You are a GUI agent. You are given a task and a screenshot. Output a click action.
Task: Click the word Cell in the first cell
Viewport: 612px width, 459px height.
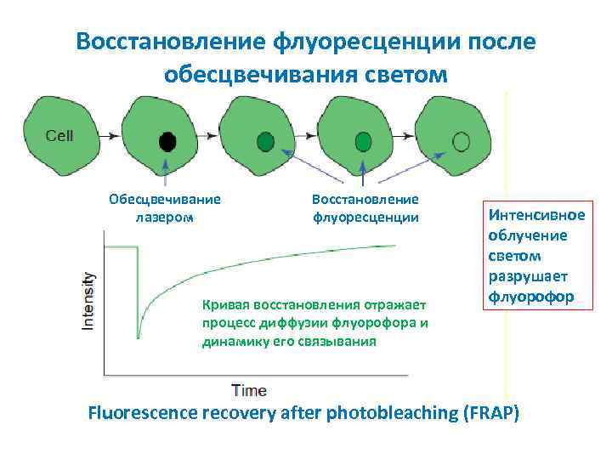pyautogui.click(x=59, y=135)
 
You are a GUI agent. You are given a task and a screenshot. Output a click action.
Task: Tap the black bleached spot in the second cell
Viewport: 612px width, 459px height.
pyautogui.click(x=168, y=140)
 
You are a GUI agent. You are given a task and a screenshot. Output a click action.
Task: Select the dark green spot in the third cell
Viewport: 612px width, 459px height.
pyautogui.click(x=266, y=140)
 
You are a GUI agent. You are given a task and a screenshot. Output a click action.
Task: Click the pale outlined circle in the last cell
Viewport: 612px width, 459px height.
pyautogui.click(x=461, y=140)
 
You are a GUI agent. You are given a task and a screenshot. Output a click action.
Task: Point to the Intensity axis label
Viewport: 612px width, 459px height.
pyautogui.click(x=89, y=301)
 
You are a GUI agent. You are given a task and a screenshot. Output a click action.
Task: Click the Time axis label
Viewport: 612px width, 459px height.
pyautogui.click(x=249, y=391)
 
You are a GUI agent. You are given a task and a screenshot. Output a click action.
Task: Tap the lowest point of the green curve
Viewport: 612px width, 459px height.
pyautogui.click(x=139, y=337)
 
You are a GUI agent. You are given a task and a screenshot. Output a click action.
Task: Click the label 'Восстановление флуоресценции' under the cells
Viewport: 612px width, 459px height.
pyautogui.click(x=365, y=208)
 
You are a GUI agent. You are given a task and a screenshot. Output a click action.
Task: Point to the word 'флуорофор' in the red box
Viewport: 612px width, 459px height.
pyautogui.click(x=530, y=297)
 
